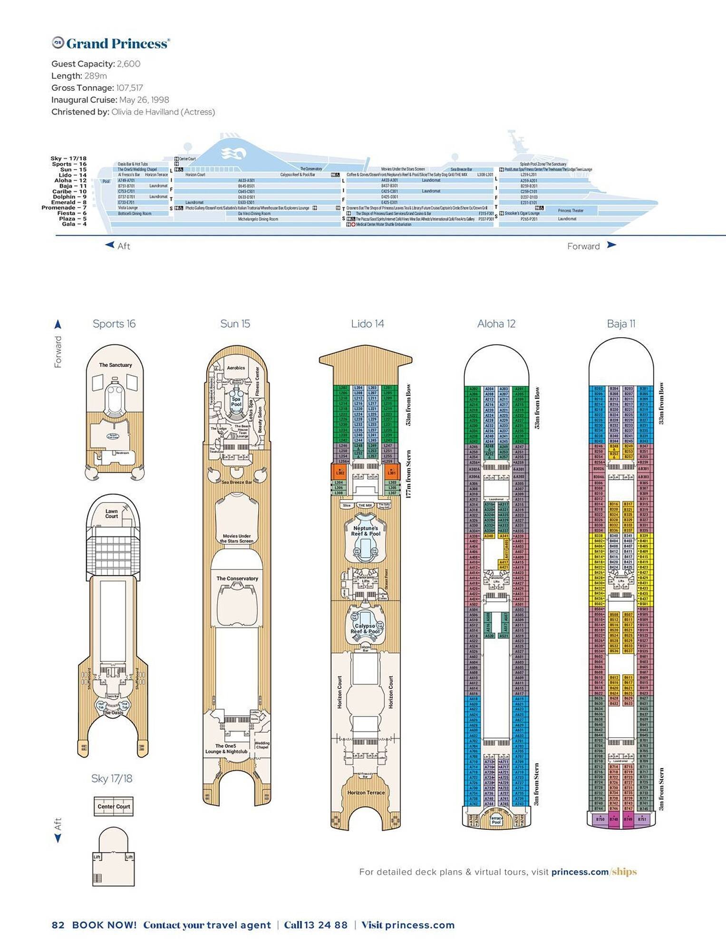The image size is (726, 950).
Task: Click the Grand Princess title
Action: click(117, 44)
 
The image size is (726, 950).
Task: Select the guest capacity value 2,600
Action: click(128, 64)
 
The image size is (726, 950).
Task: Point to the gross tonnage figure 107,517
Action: click(129, 88)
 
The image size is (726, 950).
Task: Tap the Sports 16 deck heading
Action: click(114, 324)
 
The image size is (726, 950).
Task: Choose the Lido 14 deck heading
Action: click(367, 324)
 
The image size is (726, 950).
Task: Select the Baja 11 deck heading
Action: click(621, 324)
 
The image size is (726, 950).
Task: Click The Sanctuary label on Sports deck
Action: click(115, 365)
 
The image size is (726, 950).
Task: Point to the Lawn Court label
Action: click(111, 513)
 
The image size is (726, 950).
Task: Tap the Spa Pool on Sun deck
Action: click(236, 401)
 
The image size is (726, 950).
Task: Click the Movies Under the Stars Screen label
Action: click(236, 538)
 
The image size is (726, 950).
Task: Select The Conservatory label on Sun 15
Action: click(237, 579)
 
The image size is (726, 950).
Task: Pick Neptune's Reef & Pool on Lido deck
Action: click(365, 531)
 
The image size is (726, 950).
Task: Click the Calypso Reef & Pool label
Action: click(365, 628)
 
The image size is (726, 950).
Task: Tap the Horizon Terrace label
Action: click(366, 792)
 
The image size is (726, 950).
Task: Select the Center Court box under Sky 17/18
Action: click(113, 807)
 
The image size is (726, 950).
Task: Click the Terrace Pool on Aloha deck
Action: click(496, 820)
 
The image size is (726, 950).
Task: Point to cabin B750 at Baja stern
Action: click(600, 819)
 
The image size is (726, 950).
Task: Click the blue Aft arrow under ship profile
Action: click(110, 245)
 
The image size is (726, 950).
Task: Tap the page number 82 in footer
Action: click(58, 925)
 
